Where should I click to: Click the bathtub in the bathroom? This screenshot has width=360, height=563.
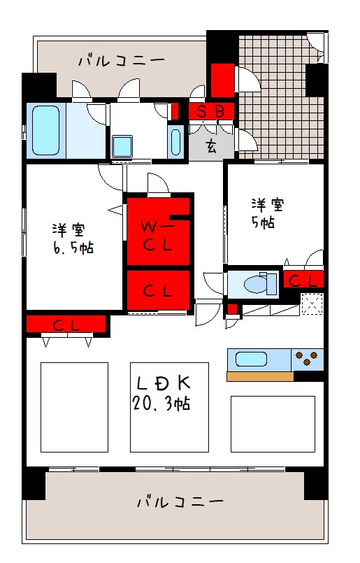(45, 130)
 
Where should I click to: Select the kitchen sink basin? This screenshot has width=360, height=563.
(251, 359)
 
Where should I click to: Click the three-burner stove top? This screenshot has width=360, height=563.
(307, 359)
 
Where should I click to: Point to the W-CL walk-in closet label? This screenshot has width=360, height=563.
(157, 236)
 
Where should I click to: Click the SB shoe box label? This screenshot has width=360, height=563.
(210, 112)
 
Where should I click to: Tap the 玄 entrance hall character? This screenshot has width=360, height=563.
(211, 146)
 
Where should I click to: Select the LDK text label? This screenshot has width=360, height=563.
(164, 383)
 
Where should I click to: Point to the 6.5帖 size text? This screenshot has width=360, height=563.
(73, 248)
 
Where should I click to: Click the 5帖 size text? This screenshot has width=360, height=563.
(263, 222)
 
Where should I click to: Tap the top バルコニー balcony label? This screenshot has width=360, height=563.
(122, 60)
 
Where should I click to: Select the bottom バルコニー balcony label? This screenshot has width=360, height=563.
(180, 501)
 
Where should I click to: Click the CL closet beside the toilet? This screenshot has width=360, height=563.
(303, 280)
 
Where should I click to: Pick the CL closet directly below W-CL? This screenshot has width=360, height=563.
(158, 290)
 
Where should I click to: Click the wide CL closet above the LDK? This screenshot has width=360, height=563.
(66, 325)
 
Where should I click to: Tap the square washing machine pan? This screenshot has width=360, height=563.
(122, 146)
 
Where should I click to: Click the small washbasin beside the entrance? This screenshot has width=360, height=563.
(175, 142)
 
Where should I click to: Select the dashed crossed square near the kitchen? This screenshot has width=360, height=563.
(312, 304)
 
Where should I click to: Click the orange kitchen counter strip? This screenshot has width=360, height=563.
(260, 376)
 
